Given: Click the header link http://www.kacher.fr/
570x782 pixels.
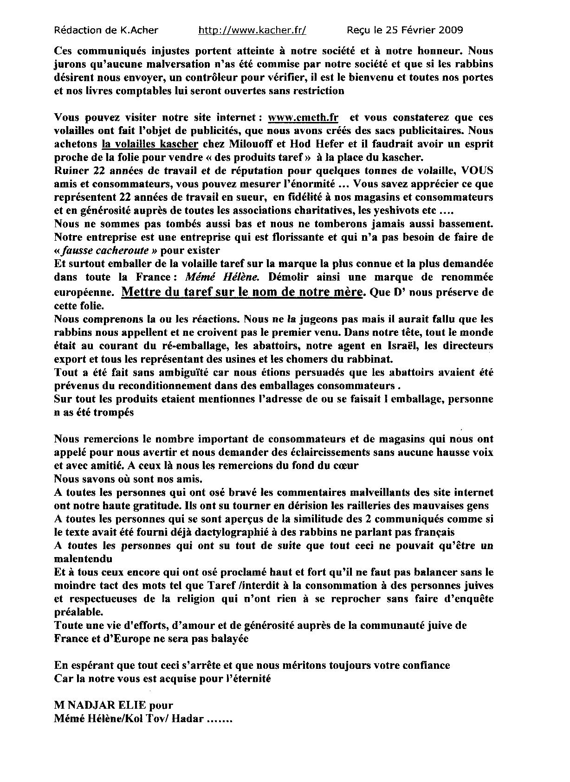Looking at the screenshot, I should pos(252,31).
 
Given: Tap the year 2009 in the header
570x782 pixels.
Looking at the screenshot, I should pos(449,31).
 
